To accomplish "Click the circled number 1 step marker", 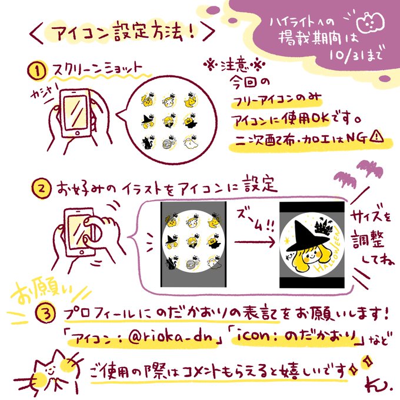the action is [37, 71].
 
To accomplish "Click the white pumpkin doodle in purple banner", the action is [371, 23].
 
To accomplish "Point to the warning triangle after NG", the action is [376, 136].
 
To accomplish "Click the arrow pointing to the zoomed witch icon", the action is [255, 242].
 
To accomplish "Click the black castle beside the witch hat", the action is [324, 226].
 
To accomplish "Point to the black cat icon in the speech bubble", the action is [148, 142].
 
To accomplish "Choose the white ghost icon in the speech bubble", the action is [191, 142].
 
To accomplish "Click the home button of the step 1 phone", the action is [77, 133].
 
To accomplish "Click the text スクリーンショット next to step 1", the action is [96, 69].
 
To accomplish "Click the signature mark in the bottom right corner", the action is [378, 385].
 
